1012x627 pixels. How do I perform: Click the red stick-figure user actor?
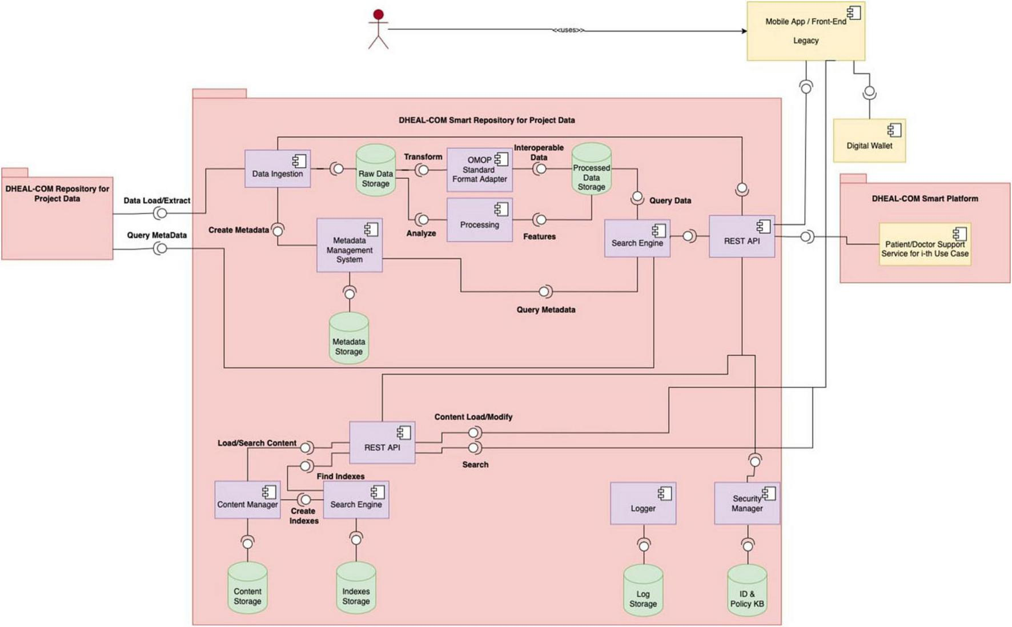point(378,29)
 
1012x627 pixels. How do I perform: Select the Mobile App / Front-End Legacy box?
point(805,31)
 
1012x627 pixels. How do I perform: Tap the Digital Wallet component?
point(869,140)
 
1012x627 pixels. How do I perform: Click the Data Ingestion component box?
point(278,169)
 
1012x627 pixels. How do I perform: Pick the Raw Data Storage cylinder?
point(375,172)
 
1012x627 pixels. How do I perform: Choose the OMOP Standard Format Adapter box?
point(479,170)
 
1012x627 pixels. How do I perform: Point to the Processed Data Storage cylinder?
point(591,170)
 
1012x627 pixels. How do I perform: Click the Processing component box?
point(479,220)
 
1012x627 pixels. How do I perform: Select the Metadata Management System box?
point(349,246)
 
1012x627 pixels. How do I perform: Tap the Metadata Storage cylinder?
point(348,339)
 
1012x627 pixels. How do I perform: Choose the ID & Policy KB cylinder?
point(746,591)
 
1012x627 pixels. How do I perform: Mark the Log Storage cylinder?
point(642,592)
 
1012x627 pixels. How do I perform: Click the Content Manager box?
point(247,500)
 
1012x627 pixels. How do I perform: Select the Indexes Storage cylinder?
point(356,589)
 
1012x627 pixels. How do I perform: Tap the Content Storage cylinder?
point(247,589)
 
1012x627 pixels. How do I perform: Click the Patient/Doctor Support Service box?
point(924,244)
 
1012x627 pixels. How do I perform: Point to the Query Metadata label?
point(545,310)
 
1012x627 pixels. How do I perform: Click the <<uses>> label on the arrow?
point(568,30)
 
